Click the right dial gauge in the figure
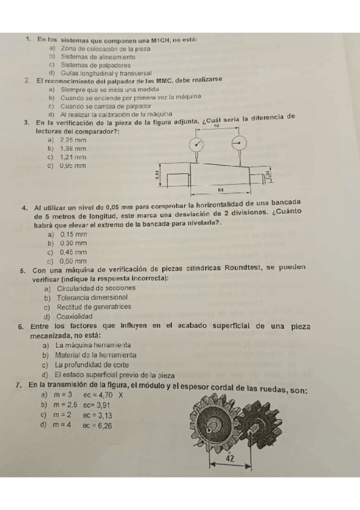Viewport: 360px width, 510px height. [239, 143]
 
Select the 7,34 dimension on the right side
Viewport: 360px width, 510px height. [267, 176]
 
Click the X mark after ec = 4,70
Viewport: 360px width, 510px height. [120, 396]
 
